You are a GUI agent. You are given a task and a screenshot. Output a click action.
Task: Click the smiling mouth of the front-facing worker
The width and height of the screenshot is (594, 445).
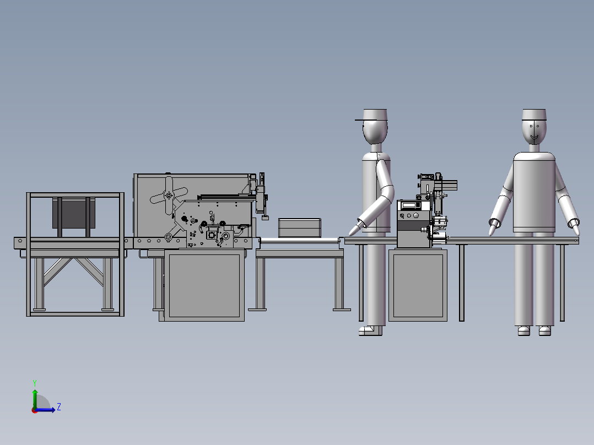[533, 136]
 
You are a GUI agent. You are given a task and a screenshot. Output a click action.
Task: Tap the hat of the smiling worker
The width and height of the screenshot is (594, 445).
[534, 114]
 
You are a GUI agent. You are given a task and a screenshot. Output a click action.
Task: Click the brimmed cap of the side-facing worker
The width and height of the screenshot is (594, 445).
[375, 115]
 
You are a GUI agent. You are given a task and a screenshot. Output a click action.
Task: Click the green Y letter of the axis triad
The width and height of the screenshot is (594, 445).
[34, 382]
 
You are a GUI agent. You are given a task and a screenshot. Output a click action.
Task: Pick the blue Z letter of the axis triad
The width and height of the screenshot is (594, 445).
[58, 407]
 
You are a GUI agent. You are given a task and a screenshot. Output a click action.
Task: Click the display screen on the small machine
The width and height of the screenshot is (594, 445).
[411, 205]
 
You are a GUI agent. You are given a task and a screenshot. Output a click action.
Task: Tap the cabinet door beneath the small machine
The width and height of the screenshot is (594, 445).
[418, 285]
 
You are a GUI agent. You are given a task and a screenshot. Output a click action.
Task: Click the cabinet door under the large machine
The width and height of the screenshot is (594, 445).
[204, 285]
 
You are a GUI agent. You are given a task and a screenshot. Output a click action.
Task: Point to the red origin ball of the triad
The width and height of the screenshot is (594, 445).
[34, 410]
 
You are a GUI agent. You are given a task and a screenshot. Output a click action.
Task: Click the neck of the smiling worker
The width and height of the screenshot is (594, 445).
[534, 147]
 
